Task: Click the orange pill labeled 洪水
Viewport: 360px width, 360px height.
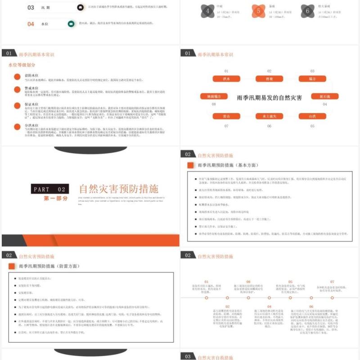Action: pyautogui.click(x=226, y=79)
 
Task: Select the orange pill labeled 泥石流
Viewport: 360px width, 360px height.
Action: pyautogui.click(x=324, y=96)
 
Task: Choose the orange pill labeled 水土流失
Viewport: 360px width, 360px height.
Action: pyautogui.click(x=269, y=116)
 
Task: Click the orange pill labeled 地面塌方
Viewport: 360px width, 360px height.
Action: pyautogui.click(x=214, y=96)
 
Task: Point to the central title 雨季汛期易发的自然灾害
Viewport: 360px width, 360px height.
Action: pyautogui.click(x=270, y=97)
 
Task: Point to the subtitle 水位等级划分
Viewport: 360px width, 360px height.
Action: pyautogui.click(x=22, y=65)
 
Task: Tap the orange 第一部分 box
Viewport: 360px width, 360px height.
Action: pyautogui.click(x=56, y=198)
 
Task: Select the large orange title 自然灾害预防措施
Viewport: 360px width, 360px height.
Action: pyautogui.click(x=119, y=189)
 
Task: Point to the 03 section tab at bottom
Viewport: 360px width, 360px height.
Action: pyautogui.click(x=188, y=357)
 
